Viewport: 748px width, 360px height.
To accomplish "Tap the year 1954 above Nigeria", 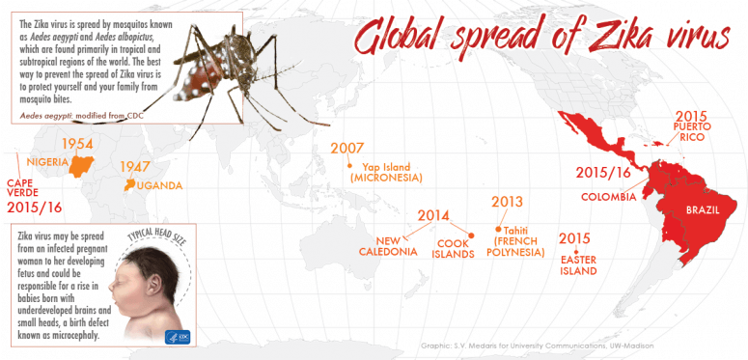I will pyautogui.click(x=76, y=144).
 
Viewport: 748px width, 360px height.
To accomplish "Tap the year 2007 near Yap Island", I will pyautogui.click(x=348, y=149).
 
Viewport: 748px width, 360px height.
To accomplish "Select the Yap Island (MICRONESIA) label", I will pyautogui.click(x=386, y=172).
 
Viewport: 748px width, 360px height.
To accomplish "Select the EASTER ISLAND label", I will pyautogui.click(x=578, y=265).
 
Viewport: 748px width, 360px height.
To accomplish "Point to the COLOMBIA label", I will pyautogui.click(x=608, y=197).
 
